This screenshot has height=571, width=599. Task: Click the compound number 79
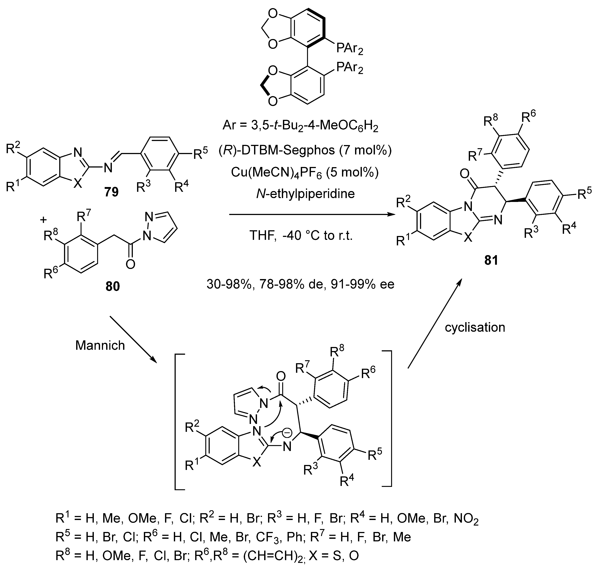pyautogui.click(x=111, y=192)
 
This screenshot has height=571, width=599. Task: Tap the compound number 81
pyautogui.click(x=491, y=260)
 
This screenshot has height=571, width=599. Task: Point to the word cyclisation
pyautogui.click(x=475, y=327)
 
